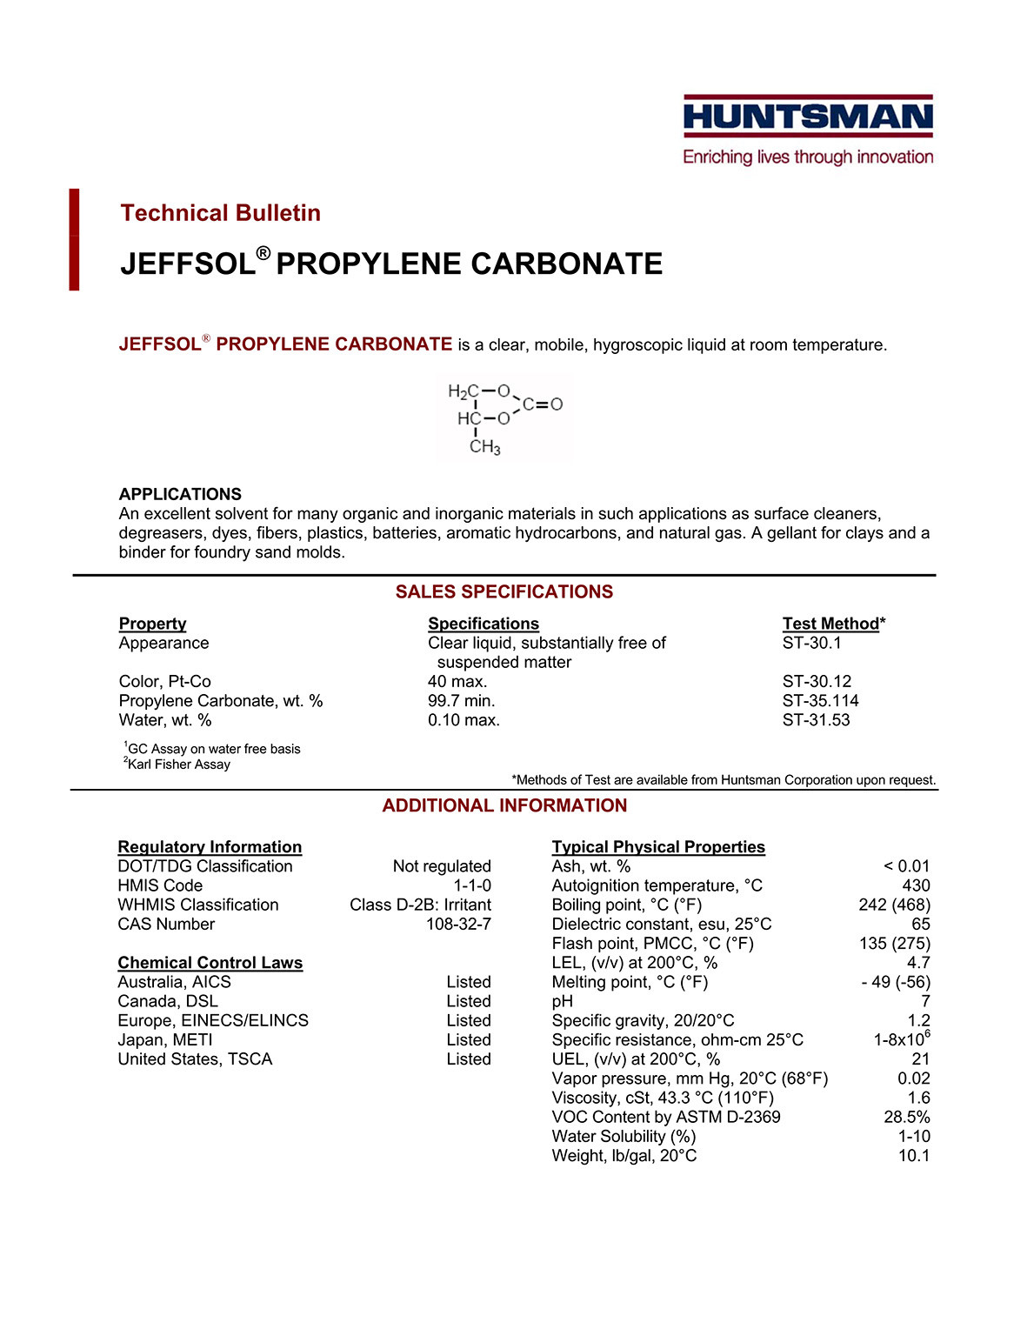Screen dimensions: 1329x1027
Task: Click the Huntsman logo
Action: [808, 130]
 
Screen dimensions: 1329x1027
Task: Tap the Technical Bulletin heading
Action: [220, 213]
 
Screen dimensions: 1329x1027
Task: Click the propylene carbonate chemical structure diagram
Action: [503, 417]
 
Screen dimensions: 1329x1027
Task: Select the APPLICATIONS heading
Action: [180, 494]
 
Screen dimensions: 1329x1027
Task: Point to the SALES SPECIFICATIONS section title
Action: [504, 592]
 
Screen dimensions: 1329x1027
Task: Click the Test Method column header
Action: [833, 624]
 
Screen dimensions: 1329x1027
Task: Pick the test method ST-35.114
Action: [820, 701]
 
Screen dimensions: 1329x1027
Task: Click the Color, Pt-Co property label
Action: [165, 682]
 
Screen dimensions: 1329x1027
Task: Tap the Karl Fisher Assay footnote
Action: [177, 765]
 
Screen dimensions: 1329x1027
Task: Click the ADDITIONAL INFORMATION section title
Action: [504, 806]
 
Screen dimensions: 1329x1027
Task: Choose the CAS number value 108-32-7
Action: [458, 925]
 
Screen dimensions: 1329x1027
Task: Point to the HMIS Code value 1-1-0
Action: [472, 885]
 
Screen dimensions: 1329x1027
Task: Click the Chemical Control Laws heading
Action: [210, 963]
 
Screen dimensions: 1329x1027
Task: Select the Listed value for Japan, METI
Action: [469, 1040]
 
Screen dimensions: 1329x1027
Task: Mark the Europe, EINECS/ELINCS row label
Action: [213, 1021]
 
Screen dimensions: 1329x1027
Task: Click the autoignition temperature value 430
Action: [916, 885]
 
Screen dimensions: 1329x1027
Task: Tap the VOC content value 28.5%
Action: [907, 1118]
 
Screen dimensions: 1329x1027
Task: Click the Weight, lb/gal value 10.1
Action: [914, 1156]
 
